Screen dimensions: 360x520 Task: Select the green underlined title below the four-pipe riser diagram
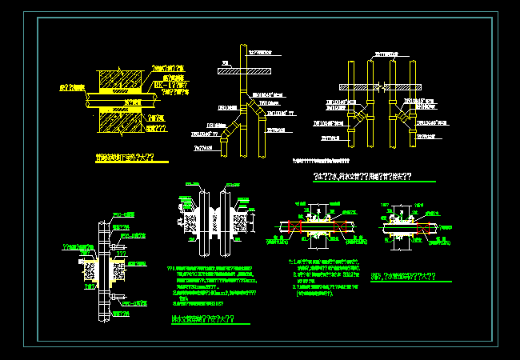click(362, 176)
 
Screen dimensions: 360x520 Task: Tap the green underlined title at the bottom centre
click(202, 319)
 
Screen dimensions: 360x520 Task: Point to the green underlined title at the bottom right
click(403, 277)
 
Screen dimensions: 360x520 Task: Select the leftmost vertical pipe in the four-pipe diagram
click(350, 104)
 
